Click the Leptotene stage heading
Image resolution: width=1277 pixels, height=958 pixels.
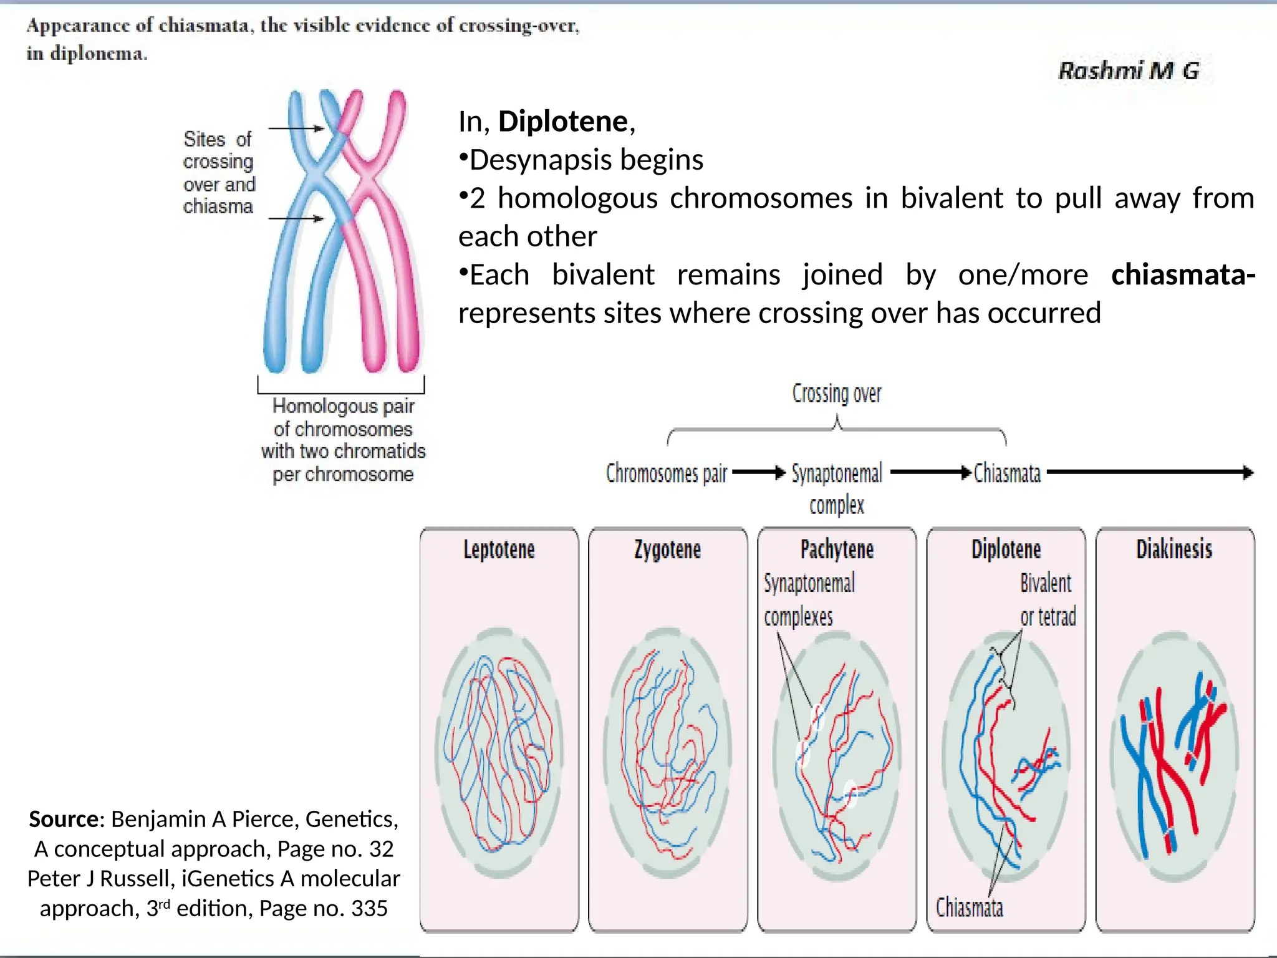coord(499,549)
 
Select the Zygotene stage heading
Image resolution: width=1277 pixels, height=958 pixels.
coord(667,549)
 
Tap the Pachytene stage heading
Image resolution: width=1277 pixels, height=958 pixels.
coord(837,549)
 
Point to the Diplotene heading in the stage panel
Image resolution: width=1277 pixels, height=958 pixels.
coord(1006,549)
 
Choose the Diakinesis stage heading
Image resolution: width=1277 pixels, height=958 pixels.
coord(1174,549)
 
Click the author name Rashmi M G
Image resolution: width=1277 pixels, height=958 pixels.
coord(1129,70)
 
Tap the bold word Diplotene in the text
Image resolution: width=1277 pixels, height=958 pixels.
coord(563,121)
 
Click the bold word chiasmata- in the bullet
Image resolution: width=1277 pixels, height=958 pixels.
coord(1183,274)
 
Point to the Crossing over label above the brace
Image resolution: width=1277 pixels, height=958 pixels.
coord(837,394)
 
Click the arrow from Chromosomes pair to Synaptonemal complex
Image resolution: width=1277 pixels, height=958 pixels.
coord(758,473)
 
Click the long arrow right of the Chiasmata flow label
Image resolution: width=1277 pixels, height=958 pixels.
coord(1150,473)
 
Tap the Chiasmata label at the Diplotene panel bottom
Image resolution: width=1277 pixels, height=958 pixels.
coord(970,907)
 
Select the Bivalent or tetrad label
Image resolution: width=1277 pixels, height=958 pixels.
coord(1048,599)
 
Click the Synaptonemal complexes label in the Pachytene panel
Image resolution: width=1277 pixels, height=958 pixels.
coord(809,599)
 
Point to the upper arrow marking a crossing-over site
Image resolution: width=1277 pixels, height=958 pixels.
coord(297,128)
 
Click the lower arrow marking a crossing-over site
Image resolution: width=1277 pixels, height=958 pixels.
coord(297,218)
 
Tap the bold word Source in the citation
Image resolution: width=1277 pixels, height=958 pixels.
coord(63,819)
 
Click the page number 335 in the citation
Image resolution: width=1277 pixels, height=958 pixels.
coord(369,909)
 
